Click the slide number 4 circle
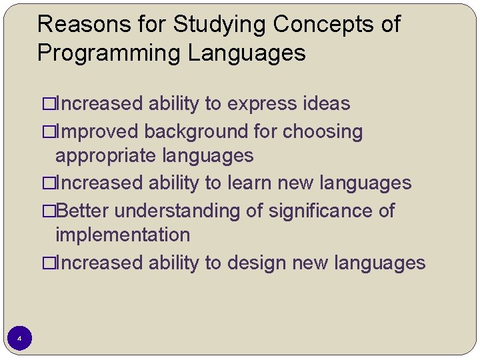click(x=19, y=339)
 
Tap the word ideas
click(x=326, y=104)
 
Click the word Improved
click(x=98, y=132)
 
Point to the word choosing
click(x=323, y=132)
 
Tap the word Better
click(x=84, y=211)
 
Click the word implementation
click(x=123, y=235)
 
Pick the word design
click(x=255, y=263)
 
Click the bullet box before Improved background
click(x=48, y=133)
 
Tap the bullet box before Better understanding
click(x=48, y=211)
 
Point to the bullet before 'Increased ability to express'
click(x=48, y=105)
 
